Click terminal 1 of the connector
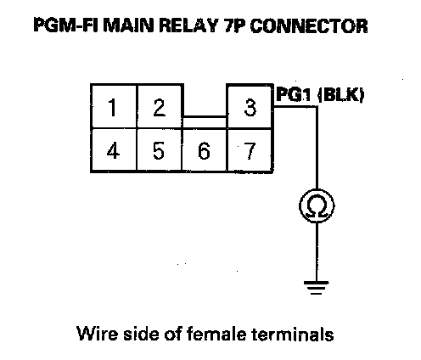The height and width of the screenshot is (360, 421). pos(114,106)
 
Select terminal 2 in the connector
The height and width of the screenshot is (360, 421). pos(160,106)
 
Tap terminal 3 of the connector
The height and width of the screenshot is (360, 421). pos(250,107)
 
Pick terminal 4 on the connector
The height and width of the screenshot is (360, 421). pos(114,150)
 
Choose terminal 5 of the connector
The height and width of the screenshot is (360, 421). pos(159,150)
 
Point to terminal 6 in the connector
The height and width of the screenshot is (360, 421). pos(205,150)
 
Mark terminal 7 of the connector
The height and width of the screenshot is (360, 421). pos(250,150)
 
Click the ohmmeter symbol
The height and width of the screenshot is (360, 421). pos(317,205)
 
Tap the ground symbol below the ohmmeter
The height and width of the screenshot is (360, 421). pos(317,287)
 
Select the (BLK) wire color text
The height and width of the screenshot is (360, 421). pos(341,95)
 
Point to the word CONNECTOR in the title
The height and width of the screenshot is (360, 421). pos(309,25)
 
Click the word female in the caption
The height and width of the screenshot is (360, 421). pos(216,334)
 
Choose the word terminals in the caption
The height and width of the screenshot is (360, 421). pos(293,334)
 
